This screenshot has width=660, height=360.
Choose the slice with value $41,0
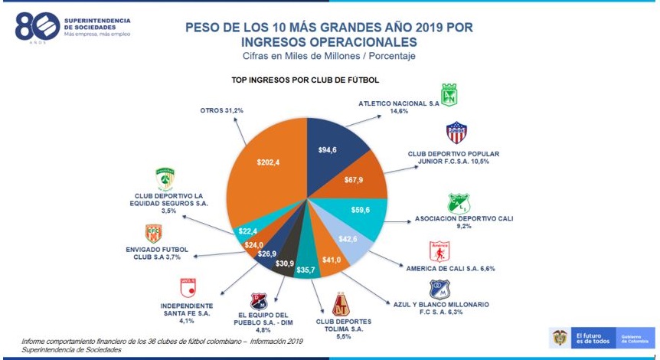pos(331,259)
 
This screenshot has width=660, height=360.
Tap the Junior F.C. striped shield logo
pos(456,133)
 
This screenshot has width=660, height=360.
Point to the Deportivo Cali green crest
pos(458,204)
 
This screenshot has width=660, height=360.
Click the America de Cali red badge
pos(439,251)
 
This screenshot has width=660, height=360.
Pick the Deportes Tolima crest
pos(341,305)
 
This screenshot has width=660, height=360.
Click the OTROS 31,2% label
pos(221,110)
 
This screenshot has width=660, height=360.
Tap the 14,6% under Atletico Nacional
pos(399,111)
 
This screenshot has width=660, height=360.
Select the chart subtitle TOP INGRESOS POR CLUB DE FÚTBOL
pos(305,80)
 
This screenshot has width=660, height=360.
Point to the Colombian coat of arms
pos(560,337)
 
